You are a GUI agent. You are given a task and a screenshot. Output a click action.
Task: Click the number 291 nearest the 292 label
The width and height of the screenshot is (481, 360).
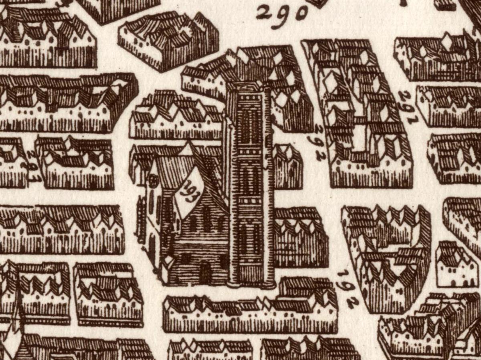click(x=408, y=107)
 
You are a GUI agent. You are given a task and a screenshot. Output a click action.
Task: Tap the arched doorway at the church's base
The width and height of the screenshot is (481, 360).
click(x=204, y=272)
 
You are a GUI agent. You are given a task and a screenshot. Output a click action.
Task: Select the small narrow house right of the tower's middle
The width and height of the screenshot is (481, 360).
click(x=287, y=166)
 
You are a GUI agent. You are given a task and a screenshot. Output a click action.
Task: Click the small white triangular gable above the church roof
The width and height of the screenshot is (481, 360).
click(x=187, y=149)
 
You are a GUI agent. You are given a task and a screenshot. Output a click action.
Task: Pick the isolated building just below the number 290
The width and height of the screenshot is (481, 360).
click(x=168, y=40)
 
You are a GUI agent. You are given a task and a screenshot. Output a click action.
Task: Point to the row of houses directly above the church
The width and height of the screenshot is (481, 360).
click(x=176, y=116)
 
